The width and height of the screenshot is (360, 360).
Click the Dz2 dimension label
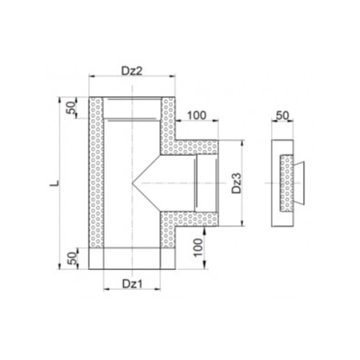[x=131, y=70]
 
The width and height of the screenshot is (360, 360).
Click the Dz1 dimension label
[x=131, y=283]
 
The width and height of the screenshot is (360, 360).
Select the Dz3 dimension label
[x=237, y=184]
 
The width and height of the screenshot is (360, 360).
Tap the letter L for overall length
[x=54, y=183]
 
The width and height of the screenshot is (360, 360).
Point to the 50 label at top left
[x=70, y=108]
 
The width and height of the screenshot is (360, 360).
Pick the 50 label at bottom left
[x=72, y=258]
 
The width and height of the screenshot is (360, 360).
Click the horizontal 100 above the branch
[x=196, y=115]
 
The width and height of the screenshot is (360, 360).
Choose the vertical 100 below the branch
[x=197, y=247]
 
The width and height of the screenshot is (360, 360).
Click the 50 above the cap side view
[x=283, y=115]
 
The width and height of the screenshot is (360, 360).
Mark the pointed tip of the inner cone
[x=132, y=183]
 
